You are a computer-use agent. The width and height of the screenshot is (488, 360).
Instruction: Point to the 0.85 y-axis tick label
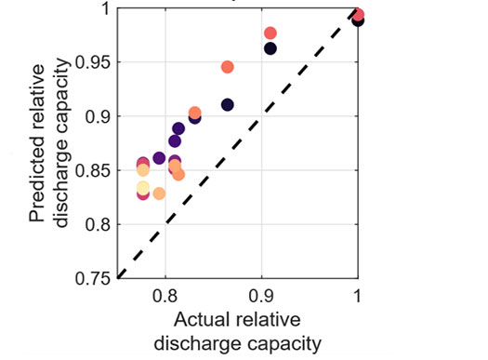[x=91, y=171]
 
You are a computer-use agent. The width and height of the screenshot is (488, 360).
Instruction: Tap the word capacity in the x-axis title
[x=283, y=343]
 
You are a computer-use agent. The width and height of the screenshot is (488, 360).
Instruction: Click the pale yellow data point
[x=143, y=188]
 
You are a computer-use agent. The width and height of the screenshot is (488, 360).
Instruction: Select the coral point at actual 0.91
[x=270, y=33]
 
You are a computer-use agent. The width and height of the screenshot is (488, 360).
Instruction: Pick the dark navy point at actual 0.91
[x=270, y=48]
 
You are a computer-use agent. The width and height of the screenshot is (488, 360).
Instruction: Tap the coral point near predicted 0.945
[x=227, y=67]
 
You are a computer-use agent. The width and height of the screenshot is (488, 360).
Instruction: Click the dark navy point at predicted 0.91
[x=227, y=105]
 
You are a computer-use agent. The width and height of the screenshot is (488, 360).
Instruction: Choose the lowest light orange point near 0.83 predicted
[x=159, y=193]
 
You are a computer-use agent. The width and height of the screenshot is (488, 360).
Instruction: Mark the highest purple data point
[x=178, y=128]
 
